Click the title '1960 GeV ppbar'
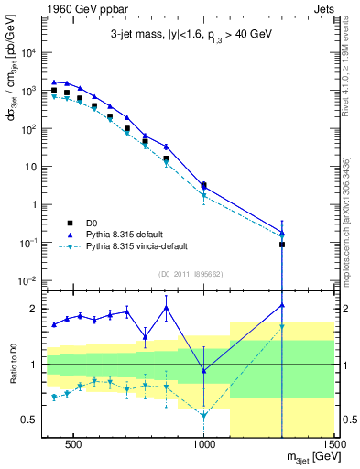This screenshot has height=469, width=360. point(73,8)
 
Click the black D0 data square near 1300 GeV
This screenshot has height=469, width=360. point(282,245)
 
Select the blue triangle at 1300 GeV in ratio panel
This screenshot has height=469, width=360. point(282,305)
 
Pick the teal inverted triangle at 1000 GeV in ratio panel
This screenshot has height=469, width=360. point(204,416)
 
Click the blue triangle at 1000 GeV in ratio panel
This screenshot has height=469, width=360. point(204,370)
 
